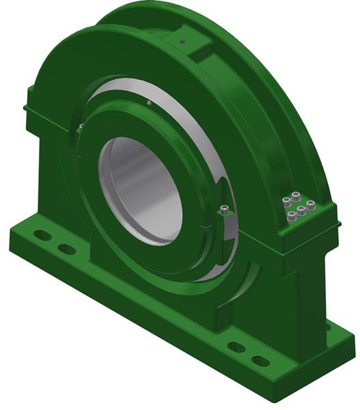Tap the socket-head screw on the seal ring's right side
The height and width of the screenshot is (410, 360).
[x=225, y=210]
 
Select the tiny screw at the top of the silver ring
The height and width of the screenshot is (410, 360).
[x=148, y=103]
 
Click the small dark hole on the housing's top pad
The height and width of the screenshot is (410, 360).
[x=182, y=42]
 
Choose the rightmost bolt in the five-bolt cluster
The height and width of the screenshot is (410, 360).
[x=311, y=205]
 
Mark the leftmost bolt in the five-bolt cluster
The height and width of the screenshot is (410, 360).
[x=285, y=202]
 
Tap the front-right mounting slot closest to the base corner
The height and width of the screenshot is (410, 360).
[x=260, y=360]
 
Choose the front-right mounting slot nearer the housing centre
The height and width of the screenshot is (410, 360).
[x=236, y=347]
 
